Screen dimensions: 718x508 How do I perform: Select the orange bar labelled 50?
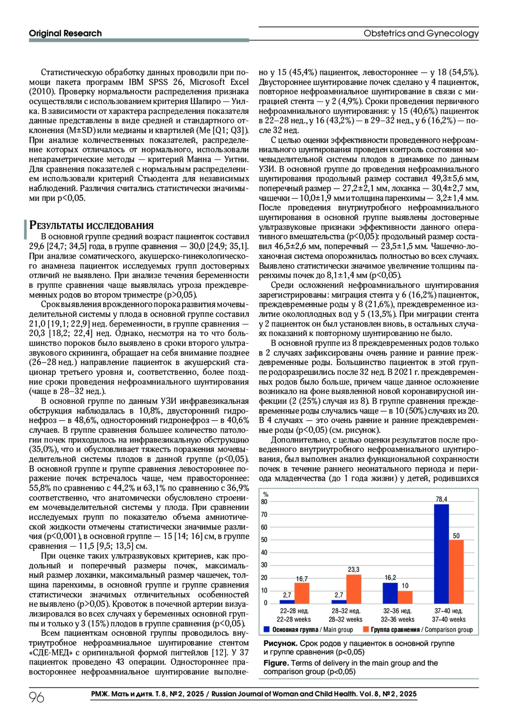click(x=456, y=572)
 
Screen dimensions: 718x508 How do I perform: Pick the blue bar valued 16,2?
click(x=390, y=593)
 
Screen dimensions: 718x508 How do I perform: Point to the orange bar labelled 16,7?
click(x=302, y=593)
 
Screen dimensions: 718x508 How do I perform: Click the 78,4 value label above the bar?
click(x=441, y=499)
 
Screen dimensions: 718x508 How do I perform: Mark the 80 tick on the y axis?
click(x=264, y=502)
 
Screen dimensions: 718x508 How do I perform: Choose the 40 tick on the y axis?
click(x=264, y=553)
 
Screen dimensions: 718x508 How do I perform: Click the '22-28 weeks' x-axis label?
click(x=294, y=619)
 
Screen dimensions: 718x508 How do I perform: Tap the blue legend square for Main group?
click(x=267, y=630)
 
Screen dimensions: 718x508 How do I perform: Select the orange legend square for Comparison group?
click(x=366, y=630)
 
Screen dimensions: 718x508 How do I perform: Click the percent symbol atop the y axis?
click(x=266, y=494)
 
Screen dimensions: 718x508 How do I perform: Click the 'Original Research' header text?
click(x=65, y=33)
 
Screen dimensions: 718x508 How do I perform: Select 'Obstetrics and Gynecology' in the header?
click(x=421, y=33)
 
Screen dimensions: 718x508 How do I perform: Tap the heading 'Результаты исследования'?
click(x=91, y=226)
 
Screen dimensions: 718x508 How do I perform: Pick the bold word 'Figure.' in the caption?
click(x=276, y=663)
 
